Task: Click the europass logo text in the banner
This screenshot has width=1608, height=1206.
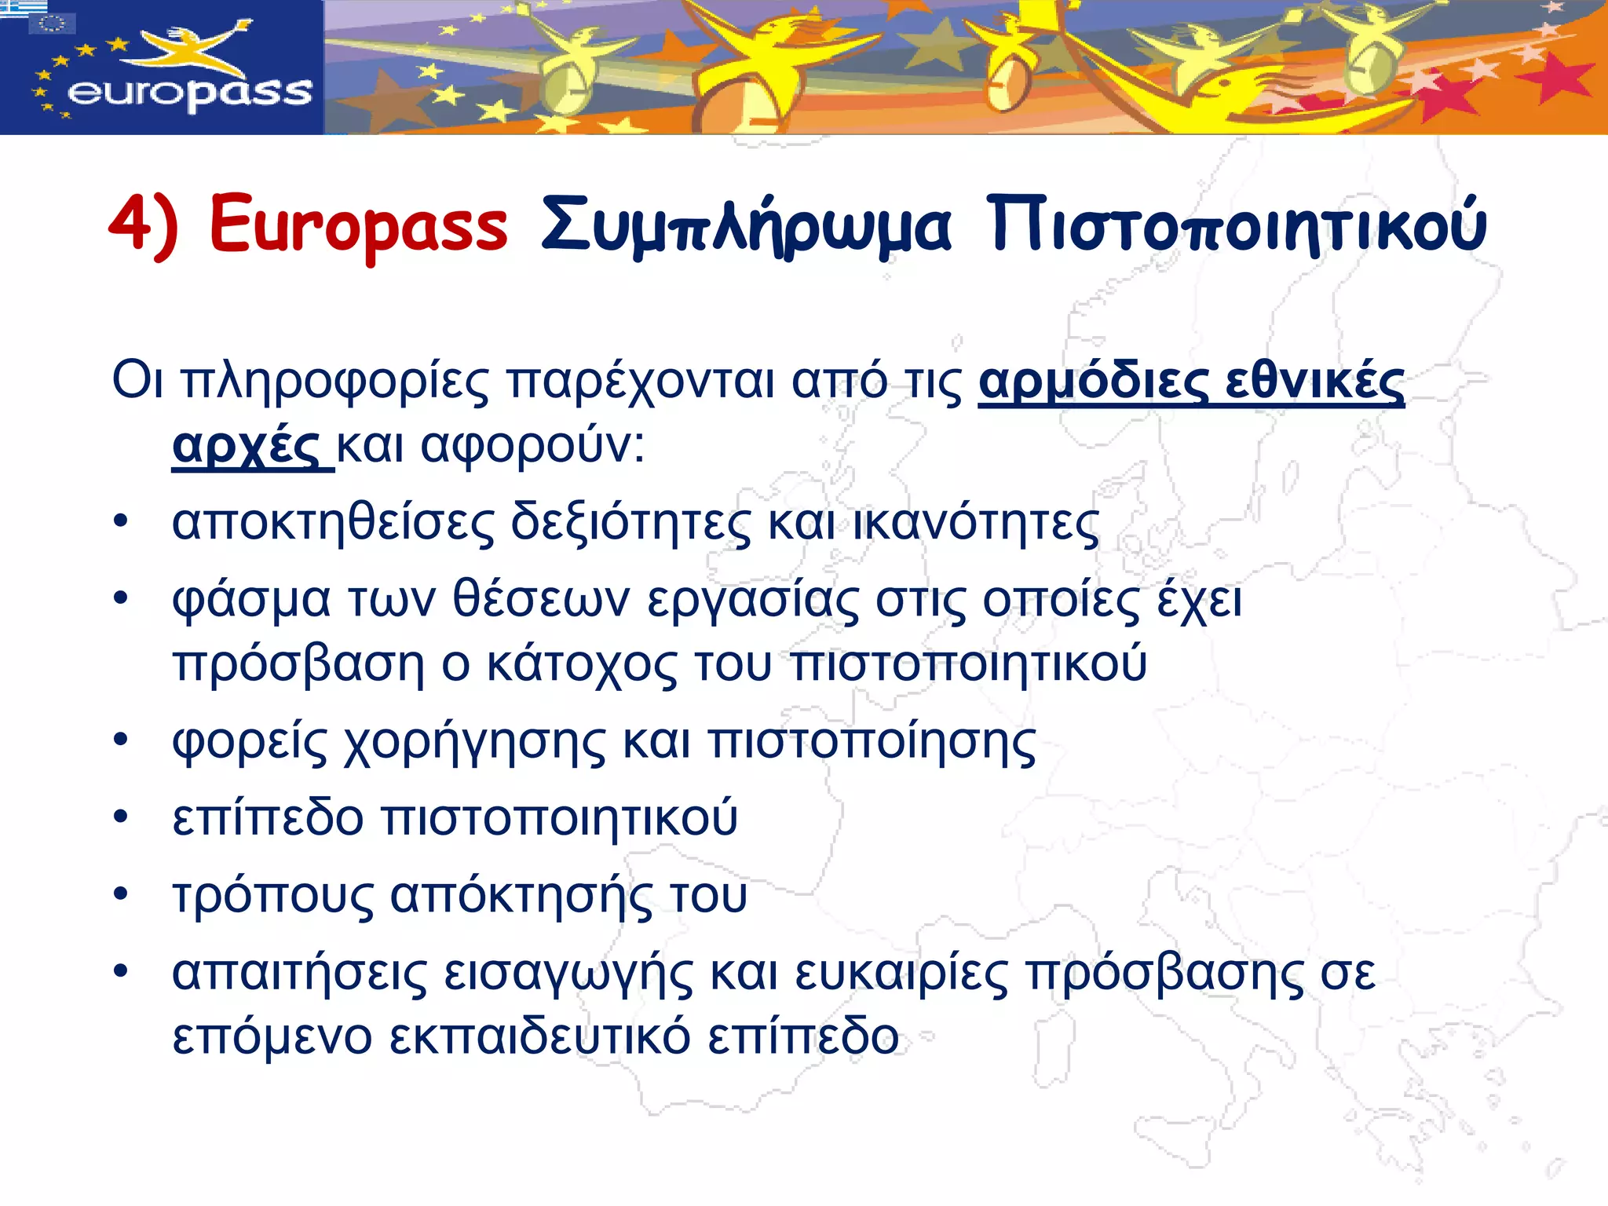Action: click(x=190, y=93)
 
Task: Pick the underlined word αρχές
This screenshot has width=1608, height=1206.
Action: click(x=245, y=447)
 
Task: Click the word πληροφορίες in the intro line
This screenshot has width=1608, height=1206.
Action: click(x=334, y=382)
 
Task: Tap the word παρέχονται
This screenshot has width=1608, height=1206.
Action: click(x=639, y=382)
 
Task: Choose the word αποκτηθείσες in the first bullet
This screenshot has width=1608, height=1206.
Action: click(x=334, y=524)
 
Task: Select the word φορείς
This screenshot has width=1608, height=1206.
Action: click(x=250, y=742)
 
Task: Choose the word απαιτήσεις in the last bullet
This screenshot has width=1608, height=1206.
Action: click(x=299, y=974)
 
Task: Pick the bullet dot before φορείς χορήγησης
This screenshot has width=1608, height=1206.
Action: click(x=120, y=740)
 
